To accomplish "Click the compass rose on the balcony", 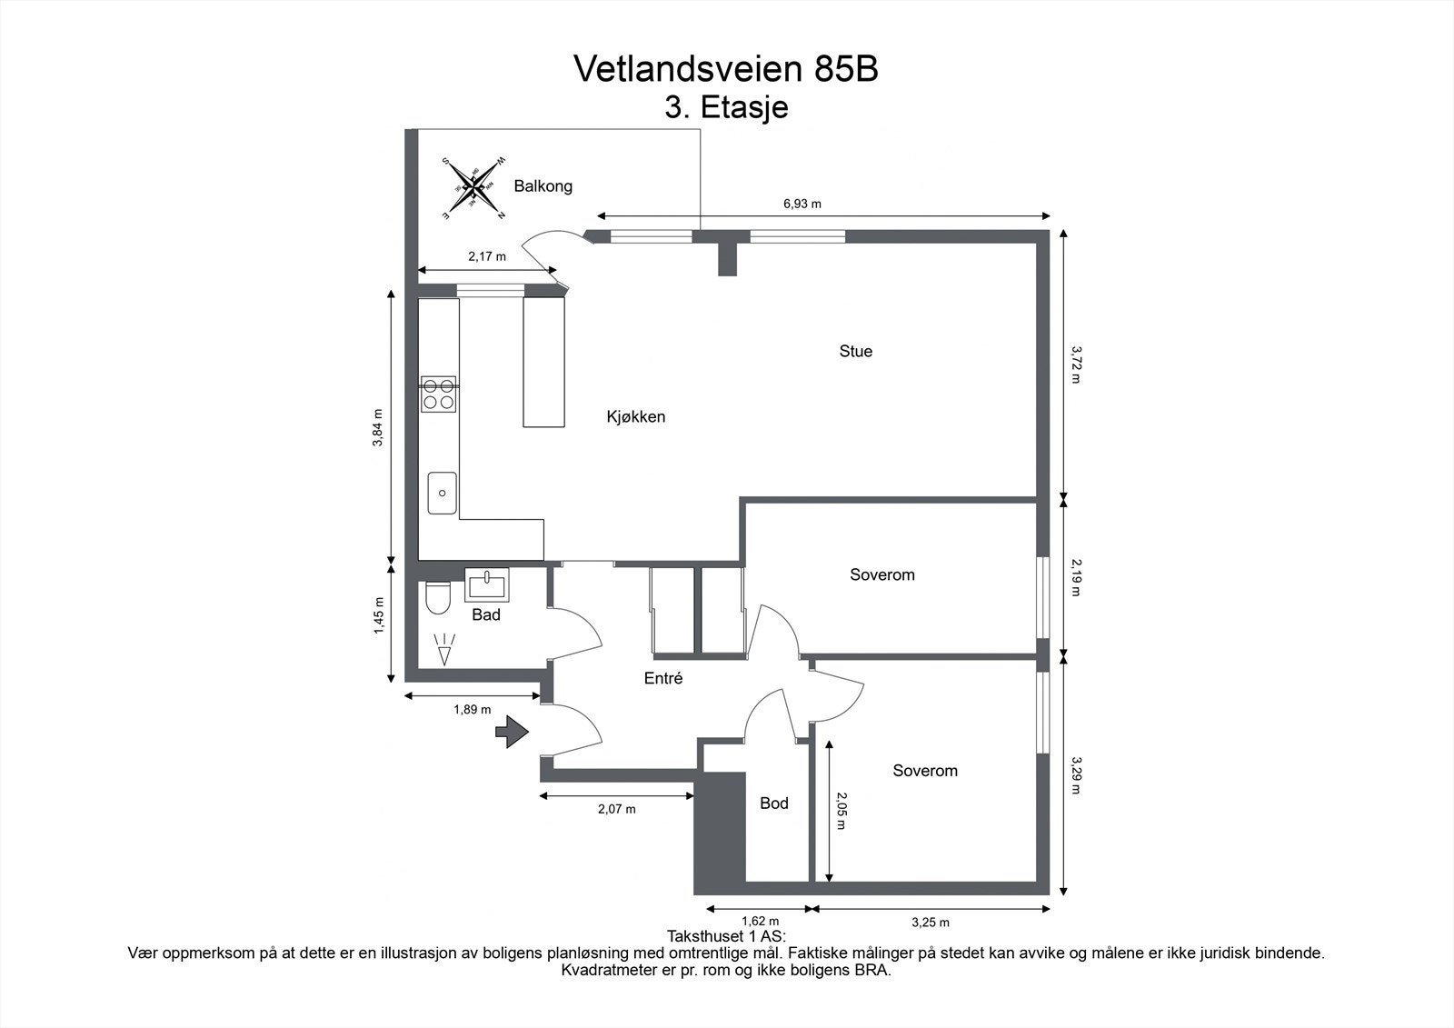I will coord(473,188).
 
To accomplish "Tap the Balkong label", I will coord(543,186).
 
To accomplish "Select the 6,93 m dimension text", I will coord(802,204).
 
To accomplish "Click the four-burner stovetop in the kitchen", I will coord(438,394).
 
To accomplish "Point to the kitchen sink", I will coord(443,493).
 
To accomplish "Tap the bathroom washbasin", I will coord(488,583).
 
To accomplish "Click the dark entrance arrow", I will coord(512,731).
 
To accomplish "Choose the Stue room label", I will coord(855,352).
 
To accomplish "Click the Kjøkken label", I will coord(636,417).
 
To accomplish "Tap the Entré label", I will coord(662,678).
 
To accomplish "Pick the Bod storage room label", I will coord(773,803).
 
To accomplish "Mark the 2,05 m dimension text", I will coord(841,811).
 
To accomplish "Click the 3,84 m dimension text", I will coord(378,428).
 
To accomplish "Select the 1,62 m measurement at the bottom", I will coord(760,922).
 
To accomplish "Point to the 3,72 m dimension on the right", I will coord(1076,364).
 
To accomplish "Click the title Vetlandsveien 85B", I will coord(726,69).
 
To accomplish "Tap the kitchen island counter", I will coord(543,362).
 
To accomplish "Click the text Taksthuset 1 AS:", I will coord(726,936).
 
